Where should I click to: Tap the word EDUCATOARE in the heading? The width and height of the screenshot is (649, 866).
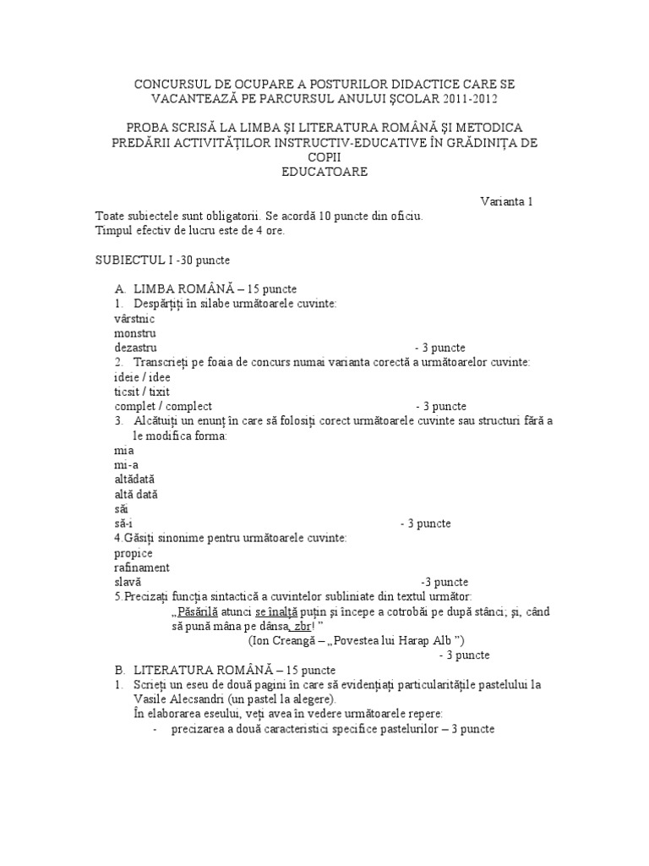point(324,172)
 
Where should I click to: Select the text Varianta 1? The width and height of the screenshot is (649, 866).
point(507,201)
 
